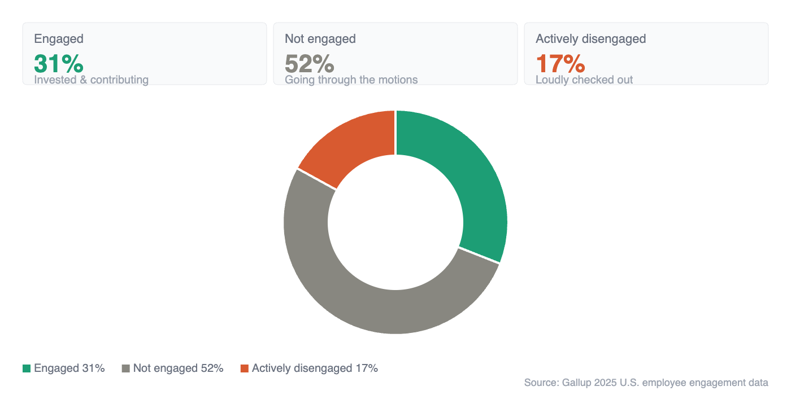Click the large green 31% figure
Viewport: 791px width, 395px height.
(x=59, y=64)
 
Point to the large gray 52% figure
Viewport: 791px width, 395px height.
(x=310, y=64)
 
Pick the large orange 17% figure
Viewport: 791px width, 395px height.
(x=560, y=64)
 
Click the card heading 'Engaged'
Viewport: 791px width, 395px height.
(x=59, y=39)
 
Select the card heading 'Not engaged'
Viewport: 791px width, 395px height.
(x=320, y=39)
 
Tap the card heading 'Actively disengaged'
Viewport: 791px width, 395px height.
(x=590, y=39)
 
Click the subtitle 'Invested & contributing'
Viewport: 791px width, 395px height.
(x=91, y=80)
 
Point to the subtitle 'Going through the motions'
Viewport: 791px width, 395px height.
(x=351, y=80)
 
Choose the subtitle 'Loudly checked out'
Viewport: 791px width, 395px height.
(x=584, y=80)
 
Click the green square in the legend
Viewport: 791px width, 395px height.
(x=27, y=368)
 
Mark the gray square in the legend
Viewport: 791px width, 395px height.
(x=126, y=368)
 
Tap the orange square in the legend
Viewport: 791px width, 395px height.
(x=245, y=368)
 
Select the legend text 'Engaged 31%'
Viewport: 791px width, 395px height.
(x=69, y=368)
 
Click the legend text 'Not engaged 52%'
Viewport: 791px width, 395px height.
(x=178, y=368)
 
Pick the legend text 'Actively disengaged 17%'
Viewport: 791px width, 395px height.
(x=315, y=368)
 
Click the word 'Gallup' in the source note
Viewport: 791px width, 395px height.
(x=576, y=383)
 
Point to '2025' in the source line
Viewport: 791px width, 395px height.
(x=605, y=383)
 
